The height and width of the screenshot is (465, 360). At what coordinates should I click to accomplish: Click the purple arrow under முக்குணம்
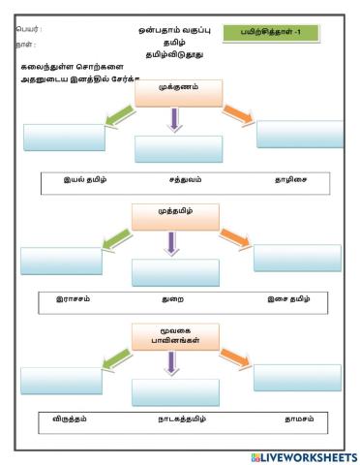click(173, 120)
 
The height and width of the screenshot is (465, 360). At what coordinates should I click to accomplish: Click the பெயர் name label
click(29, 30)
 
